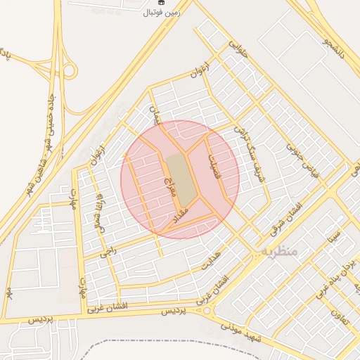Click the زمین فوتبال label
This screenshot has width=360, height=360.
click(x=162, y=12)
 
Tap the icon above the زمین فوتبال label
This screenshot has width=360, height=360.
click(x=161, y=3)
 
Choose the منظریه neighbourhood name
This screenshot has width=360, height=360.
click(x=277, y=250)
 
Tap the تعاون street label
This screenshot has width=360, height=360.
click(x=340, y=307)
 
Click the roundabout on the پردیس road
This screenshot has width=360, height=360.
click(x=208, y=310)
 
